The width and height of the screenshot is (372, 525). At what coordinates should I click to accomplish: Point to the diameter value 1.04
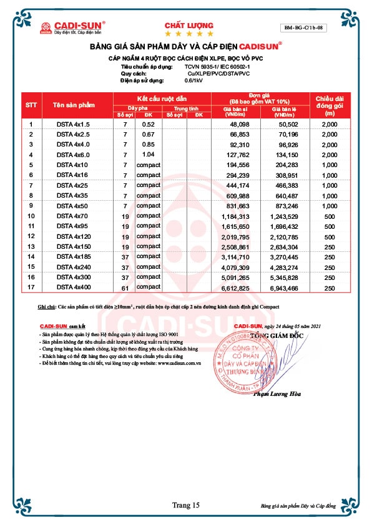click(x=148, y=155)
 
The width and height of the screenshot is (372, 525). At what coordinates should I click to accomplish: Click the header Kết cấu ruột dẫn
click(x=162, y=99)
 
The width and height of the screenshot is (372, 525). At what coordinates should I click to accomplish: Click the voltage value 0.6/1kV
click(x=193, y=81)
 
